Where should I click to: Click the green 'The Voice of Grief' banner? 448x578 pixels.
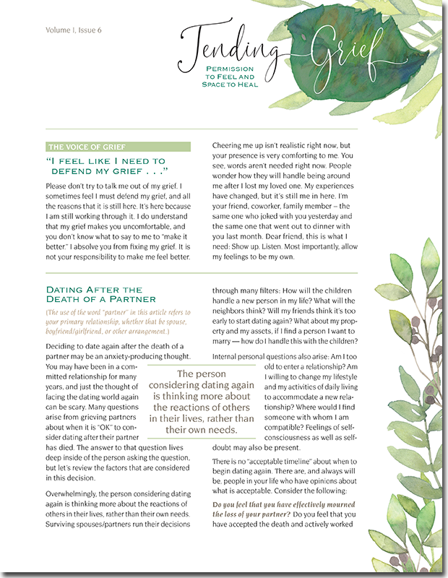[x=118, y=147]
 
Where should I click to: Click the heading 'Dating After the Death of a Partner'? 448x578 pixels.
[x=101, y=294]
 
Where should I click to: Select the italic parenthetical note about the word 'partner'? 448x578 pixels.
[x=117, y=323]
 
